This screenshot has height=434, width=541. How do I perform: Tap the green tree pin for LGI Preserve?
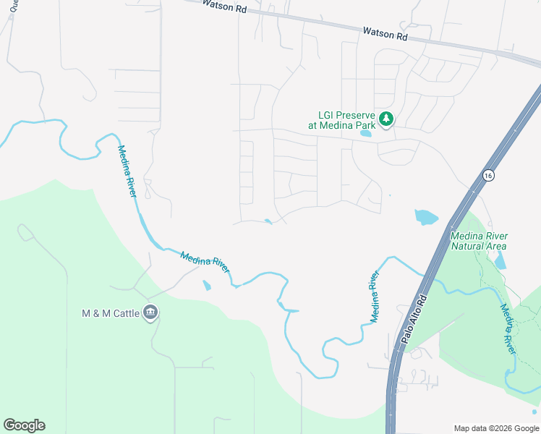tap(386, 119)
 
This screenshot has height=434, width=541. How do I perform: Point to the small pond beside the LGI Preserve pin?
tap(366, 133)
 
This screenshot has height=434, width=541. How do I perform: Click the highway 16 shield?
tap(489, 176)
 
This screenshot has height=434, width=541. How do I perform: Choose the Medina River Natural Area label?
tap(478, 241)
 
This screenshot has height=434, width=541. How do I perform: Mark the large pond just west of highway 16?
tap(426, 216)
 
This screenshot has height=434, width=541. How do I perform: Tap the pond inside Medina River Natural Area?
tap(500, 261)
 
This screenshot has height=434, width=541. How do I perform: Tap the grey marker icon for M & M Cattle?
tap(150, 312)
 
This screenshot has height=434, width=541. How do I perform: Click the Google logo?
tap(24, 425)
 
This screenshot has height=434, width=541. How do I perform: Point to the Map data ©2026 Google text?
tap(495, 428)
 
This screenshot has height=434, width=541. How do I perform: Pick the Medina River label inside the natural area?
tap(510, 328)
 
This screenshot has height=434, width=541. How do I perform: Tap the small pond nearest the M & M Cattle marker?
tap(207, 286)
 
